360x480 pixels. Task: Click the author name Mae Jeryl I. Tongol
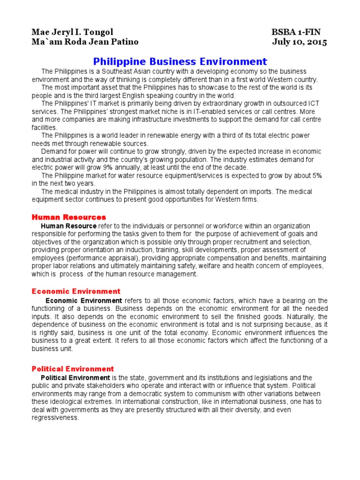click(72, 32)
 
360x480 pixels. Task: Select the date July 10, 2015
click(300, 42)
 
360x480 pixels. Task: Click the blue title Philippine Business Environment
click(180, 61)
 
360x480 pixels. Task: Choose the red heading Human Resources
click(68, 217)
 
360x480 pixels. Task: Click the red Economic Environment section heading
click(76, 292)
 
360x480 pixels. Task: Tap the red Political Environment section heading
click(73, 369)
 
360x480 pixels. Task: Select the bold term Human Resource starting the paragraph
click(69, 226)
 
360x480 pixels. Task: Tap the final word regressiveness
click(55, 418)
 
